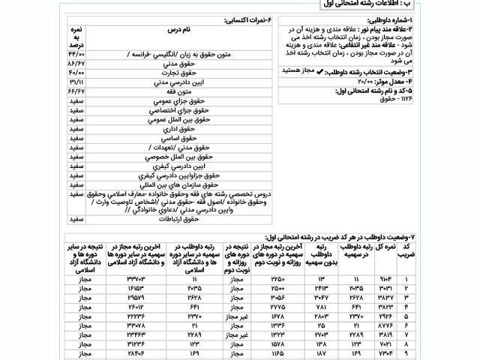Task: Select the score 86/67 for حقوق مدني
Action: (76, 65)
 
